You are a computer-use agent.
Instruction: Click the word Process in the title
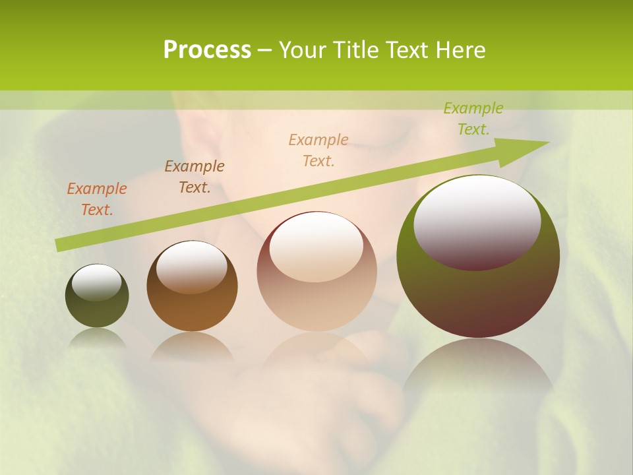pos(207,50)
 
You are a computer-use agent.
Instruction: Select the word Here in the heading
pos(460,50)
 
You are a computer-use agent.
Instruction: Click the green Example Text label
pos(473,119)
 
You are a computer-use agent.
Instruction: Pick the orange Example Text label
pos(97,199)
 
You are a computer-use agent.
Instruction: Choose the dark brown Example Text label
pos(195,176)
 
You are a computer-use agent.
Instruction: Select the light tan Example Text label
pos(318,150)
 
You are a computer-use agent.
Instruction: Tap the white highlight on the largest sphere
pos(477,221)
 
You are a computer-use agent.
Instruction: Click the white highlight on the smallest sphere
pos(97,282)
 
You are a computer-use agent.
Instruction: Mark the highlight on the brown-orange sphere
pos(192,265)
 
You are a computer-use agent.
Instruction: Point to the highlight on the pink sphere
pos(316,245)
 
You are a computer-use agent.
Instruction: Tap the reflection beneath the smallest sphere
pos(97,338)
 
